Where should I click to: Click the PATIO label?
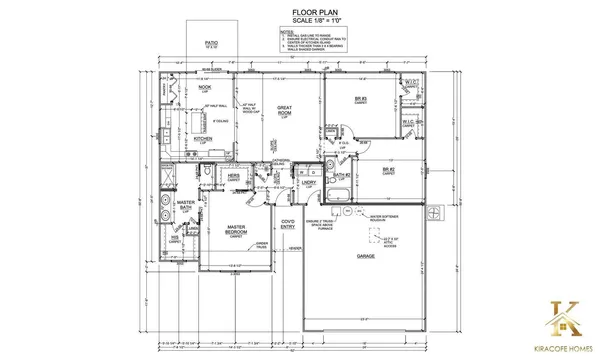(x=212, y=44)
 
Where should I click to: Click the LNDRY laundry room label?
(x=310, y=182)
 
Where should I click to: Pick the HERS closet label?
(x=234, y=175)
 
